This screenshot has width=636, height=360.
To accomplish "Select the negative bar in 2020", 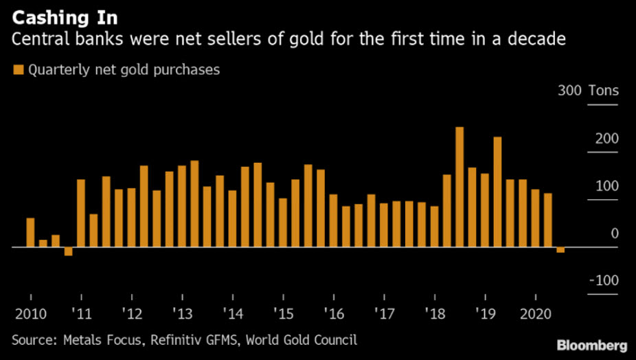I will pos(560,250).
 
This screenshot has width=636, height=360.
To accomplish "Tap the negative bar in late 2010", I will pos(68,251).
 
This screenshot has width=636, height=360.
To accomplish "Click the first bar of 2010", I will pos(30,232).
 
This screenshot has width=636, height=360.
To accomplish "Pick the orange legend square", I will pos(18,70).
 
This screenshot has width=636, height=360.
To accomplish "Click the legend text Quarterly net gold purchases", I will pos(124,70).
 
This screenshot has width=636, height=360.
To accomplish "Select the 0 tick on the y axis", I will pos(614,234).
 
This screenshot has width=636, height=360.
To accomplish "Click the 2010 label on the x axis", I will pos(30,315).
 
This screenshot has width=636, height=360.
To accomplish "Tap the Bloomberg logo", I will pos(593,344).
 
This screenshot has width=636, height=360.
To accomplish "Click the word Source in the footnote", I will pos(33,339).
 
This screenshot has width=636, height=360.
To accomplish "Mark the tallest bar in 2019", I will pos(497,192).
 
